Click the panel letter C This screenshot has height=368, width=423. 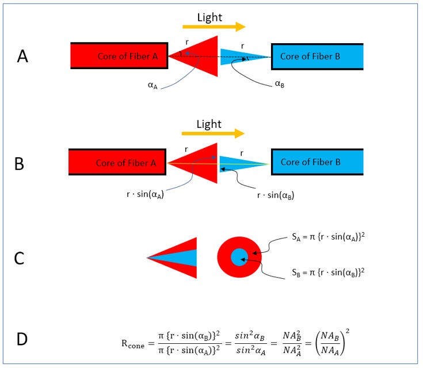[19, 257]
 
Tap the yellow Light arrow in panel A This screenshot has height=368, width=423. [214, 26]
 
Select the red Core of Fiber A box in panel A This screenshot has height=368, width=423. [119, 56]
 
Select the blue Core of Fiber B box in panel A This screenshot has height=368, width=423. [317, 56]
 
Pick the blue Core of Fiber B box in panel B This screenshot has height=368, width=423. [317, 162]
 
